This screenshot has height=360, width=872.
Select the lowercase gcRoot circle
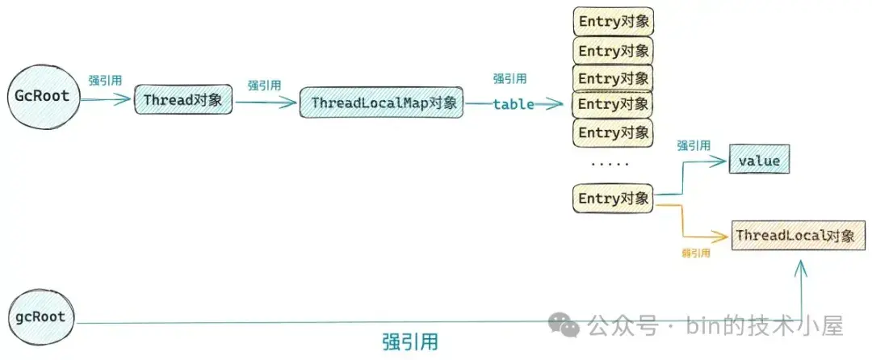[x=40, y=318]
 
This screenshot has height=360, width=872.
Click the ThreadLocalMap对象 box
[x=381, y=103]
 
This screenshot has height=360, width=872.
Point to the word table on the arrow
[x=514, y=104]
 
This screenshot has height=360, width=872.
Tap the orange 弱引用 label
[x=696, y=253]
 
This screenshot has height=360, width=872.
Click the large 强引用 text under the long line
[x=410, y=341]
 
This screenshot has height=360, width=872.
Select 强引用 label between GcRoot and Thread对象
[x=105, y=80]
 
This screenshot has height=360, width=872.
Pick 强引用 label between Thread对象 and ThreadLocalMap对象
[x=264, y=86]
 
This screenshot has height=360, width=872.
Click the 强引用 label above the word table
[x=510, y=79]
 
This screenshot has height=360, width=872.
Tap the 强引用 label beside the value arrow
[x=694, y=145]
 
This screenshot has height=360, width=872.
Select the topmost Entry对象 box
[x=614, y=22]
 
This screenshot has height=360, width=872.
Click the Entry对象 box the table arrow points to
[x=614, y=104]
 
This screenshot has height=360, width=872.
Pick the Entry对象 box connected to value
[x=614, y=199]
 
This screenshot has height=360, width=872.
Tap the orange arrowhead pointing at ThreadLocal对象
[x=722, y=237]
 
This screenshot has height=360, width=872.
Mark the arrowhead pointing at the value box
[x=719, y=161]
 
